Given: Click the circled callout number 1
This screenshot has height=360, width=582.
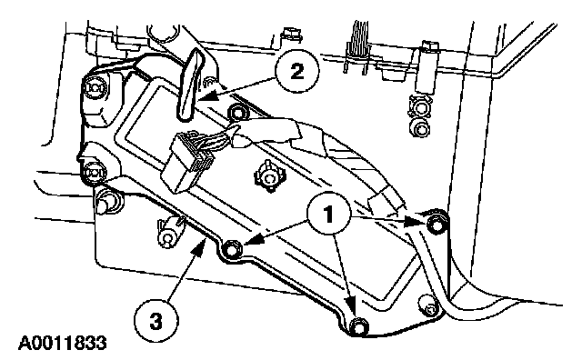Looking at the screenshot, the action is coord(329,214).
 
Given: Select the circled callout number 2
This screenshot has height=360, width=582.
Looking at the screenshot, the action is coord(297,71).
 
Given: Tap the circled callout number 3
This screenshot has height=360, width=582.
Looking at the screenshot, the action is coord(156,321).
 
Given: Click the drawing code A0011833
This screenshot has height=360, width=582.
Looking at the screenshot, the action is coord(63,344).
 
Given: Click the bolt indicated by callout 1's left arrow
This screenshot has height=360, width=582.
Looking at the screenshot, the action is coord(231,249).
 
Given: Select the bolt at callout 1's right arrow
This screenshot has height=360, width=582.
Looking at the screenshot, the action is coord(435,225).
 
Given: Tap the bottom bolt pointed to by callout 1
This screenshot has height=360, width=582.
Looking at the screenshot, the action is coord(358,325).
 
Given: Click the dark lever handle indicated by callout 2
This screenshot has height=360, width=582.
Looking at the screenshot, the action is coord(190,85).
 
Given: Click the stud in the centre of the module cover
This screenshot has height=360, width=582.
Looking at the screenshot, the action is coord(268,176).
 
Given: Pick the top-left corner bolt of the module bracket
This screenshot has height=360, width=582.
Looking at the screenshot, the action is coord(93,88).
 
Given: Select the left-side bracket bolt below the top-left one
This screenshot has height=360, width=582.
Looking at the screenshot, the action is coord(92,173).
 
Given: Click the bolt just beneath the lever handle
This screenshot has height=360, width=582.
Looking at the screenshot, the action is coord(236,112).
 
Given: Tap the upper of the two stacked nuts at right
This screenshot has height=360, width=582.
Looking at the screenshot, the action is coord(420,106).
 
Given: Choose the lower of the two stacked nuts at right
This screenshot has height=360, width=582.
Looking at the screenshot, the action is coord(420,128).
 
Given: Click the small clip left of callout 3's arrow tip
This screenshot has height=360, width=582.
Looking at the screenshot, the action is coord(170,232).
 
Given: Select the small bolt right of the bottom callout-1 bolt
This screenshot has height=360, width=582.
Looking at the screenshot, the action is coord(428,306).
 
